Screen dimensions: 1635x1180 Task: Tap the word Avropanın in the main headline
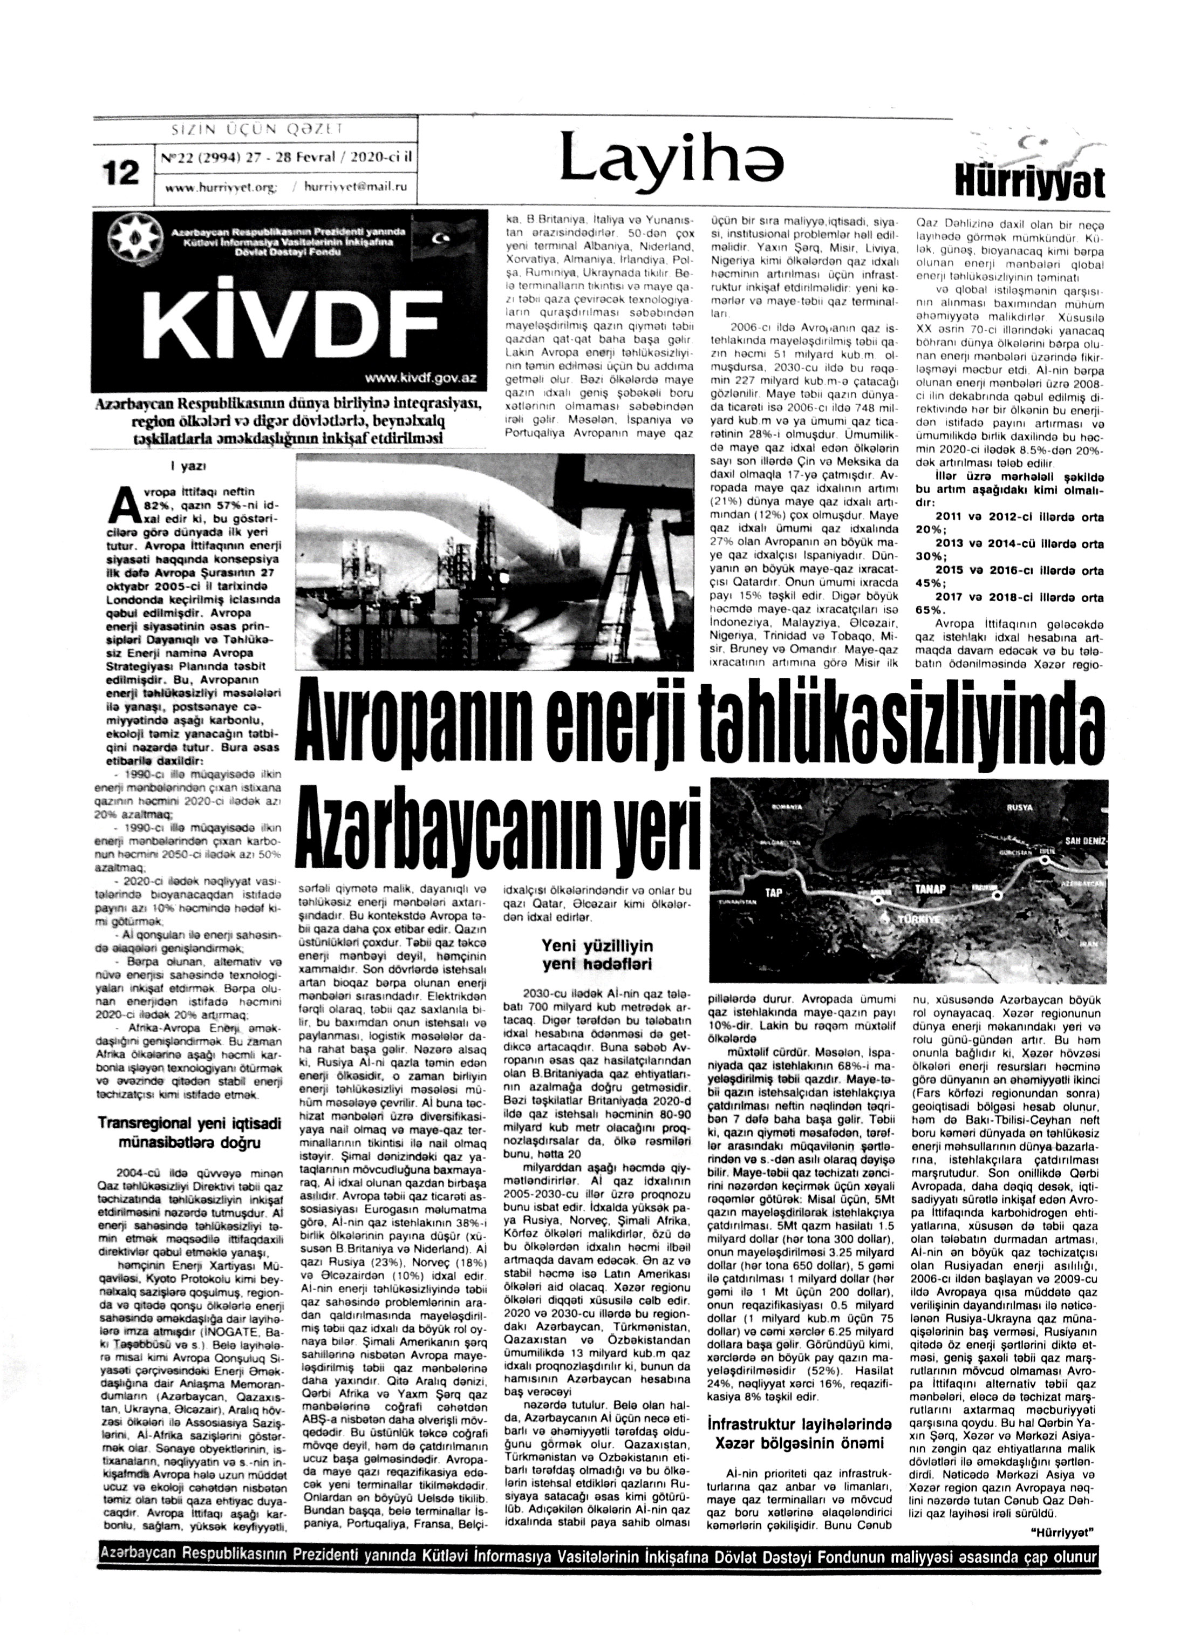pyautogui.click(x=422, y=725)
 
